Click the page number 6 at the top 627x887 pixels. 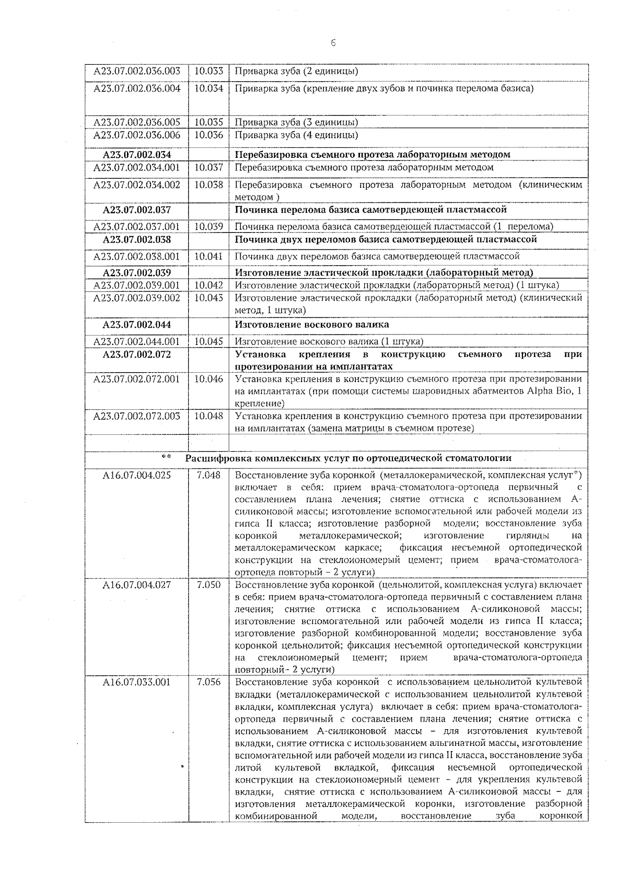pyautogui.click(x=333, y=43)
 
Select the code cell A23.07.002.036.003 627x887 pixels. pyautogui.click(x=137, y=71)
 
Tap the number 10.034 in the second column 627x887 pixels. pyautogui.click(x=208, y=88)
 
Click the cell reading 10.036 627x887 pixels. pyautogui.click(x=208, y=135)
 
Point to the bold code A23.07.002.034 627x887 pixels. pyautogui.click(x=137, y=155)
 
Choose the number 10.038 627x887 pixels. pyautogui.click(x=208, y=185)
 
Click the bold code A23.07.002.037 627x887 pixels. pyautogui.click(x=137, y=210)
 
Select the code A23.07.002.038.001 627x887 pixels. pyautogui.click(x=137, y=257)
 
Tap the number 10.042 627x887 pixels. pyautogui.click(x=208, y=285)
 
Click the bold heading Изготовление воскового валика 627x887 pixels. pyautogui.click(x=312, y=325)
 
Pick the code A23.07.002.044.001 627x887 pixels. pyautogui.click(x=137, y=342)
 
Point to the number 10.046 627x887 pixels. pyautogui.click(x=208, y=379)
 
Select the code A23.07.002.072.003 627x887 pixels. pyautogui.click(x=137, y=417)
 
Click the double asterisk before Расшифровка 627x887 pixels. pyautogui.click(x=166, y=457)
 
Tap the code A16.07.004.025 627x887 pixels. pyautogui.click(x=137, y=476)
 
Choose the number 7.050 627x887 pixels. pyautogui.click(x=208, y=585)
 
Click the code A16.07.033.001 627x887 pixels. pyautogui.click(x=137, y=682)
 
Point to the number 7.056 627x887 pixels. pyautogui.click(x=208, y=682)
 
